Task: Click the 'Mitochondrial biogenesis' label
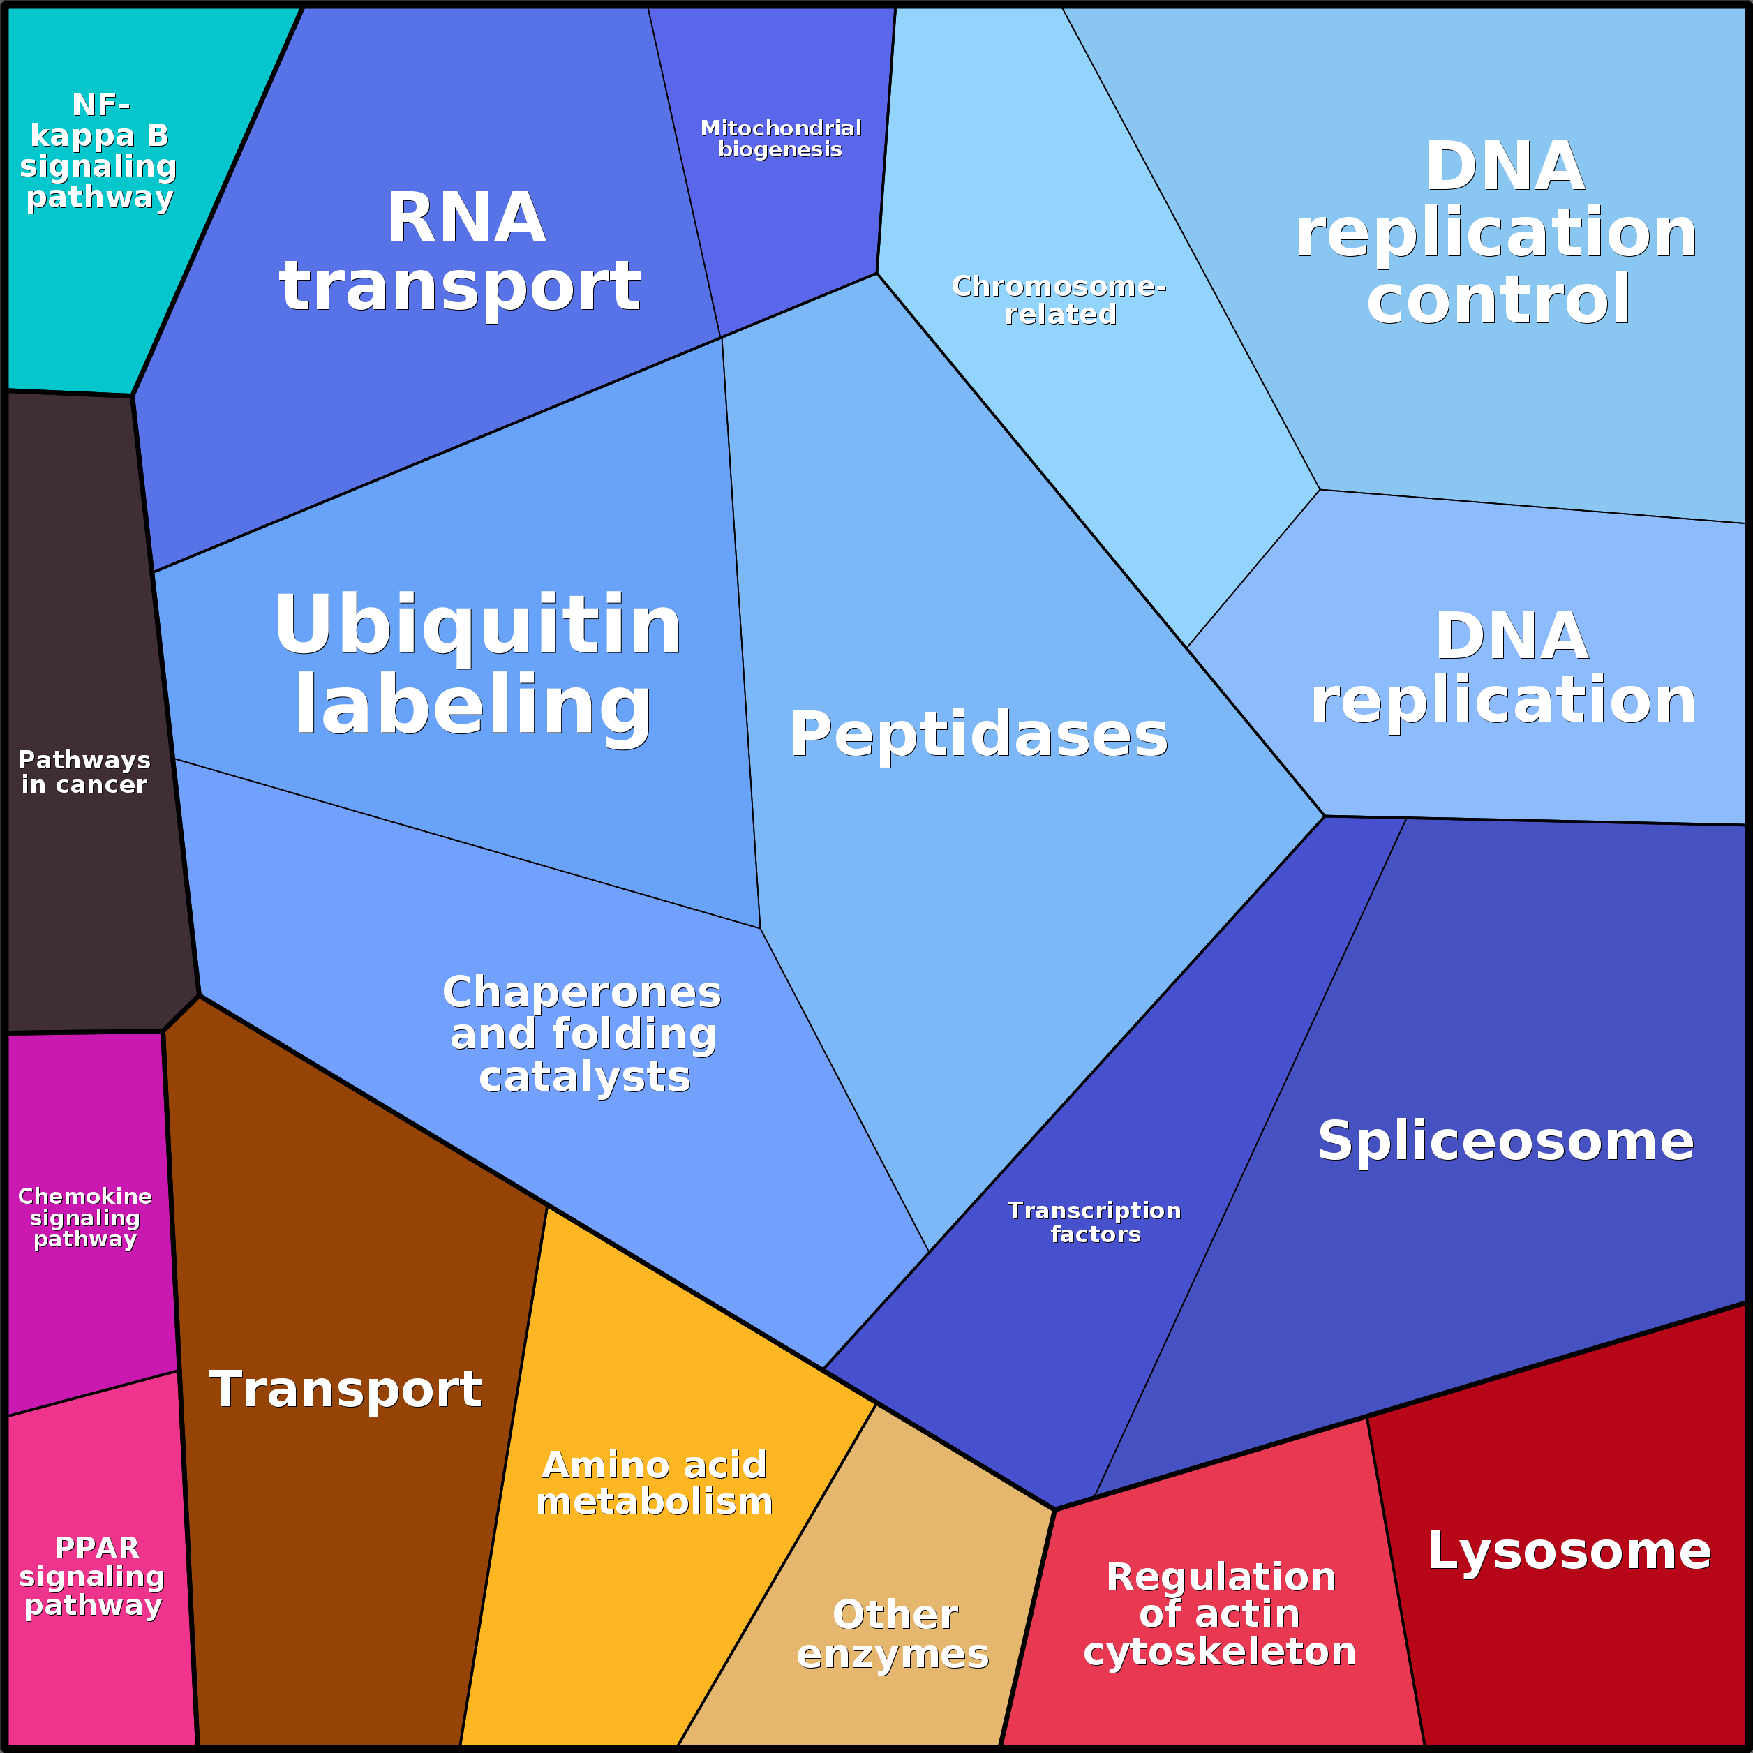click(x=780, y=139)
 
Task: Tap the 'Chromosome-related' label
click(x=1059, y=299)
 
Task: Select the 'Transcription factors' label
click(x=1094, y=1222)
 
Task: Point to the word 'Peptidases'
click(x=978, y=734)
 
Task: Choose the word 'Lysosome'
click(x=1569, y=1551)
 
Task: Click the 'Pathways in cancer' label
click(x=84, y=772)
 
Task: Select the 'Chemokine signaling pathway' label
click(x=84, y=1218)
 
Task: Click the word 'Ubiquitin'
click(x=477, y=625)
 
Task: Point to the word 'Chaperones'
click(x=581, y=992)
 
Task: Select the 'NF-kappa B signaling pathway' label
click(x=99, y=151)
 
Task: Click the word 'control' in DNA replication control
click(x=1498, y=299)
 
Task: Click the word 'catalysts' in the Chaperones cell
click(x=584, y=1077)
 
